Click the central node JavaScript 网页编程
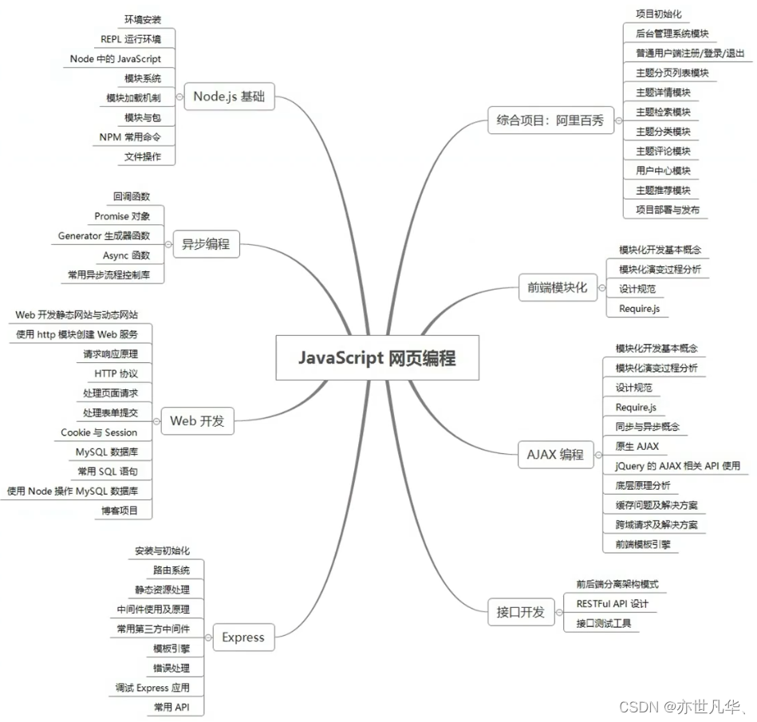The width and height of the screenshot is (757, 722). click(x=377, y=357)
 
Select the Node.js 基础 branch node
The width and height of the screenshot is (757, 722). click(x=229, y=97)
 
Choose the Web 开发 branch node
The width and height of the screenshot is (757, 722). click(x=197, y=421)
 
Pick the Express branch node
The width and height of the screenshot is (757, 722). click(x=242, y=637)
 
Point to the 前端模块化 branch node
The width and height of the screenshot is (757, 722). click(x=557, y=287)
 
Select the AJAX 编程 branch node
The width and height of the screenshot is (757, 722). click(x=555, y=455)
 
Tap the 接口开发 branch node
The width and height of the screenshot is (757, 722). click(x=520, y=612)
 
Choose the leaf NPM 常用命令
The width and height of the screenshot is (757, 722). click(x=131, y=137)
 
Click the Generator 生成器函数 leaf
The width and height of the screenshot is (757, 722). click(x=104, y=236)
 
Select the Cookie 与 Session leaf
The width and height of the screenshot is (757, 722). click(x=99, y=432)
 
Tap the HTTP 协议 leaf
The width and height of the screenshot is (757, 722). click(x=116, y=373)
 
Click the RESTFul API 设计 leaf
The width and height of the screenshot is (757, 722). click(x=612, y=604)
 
